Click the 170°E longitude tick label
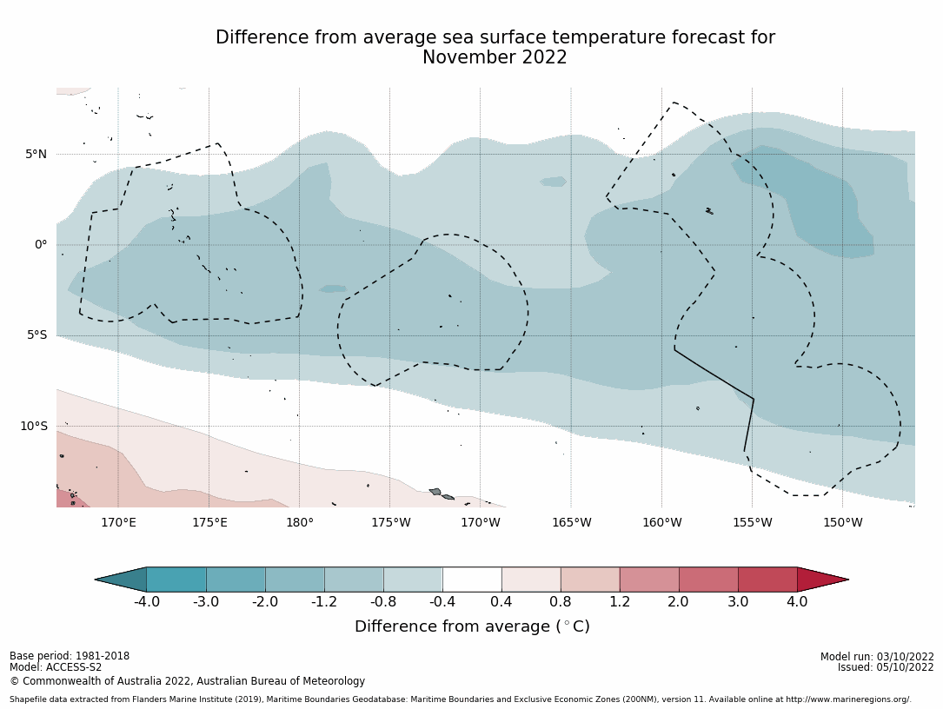coord(118,522)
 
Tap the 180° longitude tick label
coord(299,522)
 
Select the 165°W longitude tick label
coord(571,522)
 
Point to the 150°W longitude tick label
coord(842,522)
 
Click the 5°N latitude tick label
coord(36,155)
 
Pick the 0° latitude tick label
coord(41,245)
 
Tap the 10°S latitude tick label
coord(33,426)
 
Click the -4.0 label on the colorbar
coord(146,601)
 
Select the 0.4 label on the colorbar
coord(501,601)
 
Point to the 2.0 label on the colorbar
coord(679,601)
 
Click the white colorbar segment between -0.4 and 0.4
coord(472,580)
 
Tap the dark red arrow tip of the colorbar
coord(820,580)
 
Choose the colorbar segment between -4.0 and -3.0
coord(176,580)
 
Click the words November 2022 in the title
coord(495,58)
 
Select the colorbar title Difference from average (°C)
coord(472,626)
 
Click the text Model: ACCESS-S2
coord(56,667)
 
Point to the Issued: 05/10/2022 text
coord(886,667)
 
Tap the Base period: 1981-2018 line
coord(70,656)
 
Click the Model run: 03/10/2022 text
coord(877,657)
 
